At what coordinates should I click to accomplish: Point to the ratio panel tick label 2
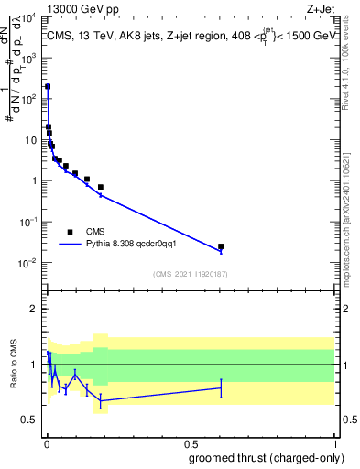[x=34, y=309]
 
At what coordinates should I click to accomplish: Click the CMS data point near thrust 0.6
[x=221, y=246]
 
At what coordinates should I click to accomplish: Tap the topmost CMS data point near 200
[x=48, y=86]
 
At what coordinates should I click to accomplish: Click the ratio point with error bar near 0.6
[x=221, y=388]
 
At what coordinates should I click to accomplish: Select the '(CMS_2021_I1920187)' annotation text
[x=190, y=274]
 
